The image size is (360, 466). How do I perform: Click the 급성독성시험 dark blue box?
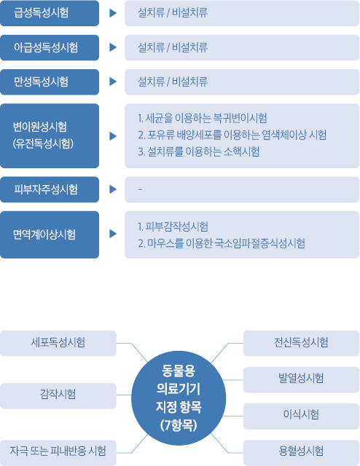tap(50, 13)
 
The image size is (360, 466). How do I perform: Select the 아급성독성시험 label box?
tap(50, 47)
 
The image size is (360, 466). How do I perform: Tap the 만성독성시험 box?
tap(50, 82)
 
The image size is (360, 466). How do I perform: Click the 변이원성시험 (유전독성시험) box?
tap(50, 136)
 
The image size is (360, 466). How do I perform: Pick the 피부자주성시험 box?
tap(50, 189)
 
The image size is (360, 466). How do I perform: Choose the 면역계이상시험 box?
tap(50, 234)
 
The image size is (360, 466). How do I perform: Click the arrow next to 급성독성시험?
tap(113, 13)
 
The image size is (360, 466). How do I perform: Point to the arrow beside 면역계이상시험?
tap(113, 234)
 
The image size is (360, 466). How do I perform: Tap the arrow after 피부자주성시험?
tap(113, 189)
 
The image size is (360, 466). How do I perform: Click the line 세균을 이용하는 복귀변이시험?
tap(203, 118)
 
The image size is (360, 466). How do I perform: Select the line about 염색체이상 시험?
tap(232, 135)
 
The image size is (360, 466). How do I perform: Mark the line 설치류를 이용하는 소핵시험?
tap(198, 151)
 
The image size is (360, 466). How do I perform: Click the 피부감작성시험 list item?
tap(173, 226)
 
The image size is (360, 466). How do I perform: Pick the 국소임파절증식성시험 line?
tap(222, 243)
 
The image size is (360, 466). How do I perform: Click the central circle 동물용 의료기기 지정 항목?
tap(179, 398)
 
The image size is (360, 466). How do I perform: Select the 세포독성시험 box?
tap(58, 343)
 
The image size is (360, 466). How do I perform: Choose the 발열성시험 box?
tap(302, 380)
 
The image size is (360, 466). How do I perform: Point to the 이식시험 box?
tap(302, 416)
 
